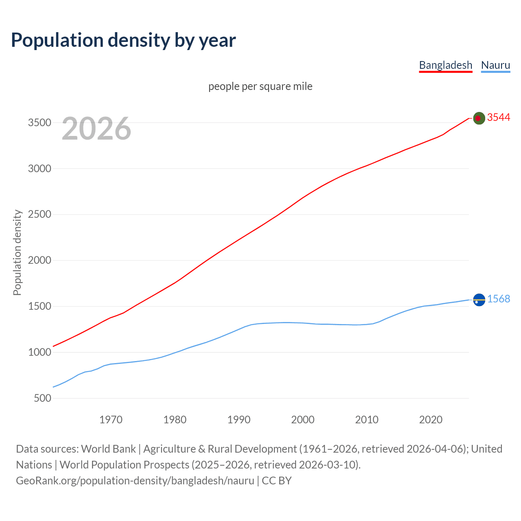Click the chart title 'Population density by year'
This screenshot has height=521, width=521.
tap(123, 40)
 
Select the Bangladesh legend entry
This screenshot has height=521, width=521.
tap(445, 65)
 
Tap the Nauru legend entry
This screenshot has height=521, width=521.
tap(495, 65)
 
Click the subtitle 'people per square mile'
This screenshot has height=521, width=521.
tap(260, 86)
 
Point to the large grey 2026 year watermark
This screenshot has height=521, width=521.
tap(96, 129)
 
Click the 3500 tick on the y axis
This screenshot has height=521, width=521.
tap(39, 123)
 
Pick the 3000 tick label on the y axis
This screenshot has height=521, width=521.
tap(39, 169)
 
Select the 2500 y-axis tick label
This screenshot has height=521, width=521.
tap(39, 215)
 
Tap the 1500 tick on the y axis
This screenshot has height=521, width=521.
tap(39, 306)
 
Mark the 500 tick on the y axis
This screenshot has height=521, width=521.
tap(43, 398)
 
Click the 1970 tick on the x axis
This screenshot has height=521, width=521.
tap(111, 420)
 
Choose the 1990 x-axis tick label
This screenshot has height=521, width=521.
tap(239, 420)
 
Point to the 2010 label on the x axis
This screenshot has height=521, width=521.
tap(367, 420)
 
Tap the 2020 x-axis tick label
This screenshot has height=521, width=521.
tap(431, 420)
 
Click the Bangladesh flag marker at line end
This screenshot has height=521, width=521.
tap(479, 118)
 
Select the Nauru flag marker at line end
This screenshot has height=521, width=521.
tap(479, 300)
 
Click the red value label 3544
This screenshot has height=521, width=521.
tap(499, 118)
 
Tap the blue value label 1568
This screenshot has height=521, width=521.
tap(499, 299)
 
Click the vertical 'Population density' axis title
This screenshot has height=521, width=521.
tap(17, 252)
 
